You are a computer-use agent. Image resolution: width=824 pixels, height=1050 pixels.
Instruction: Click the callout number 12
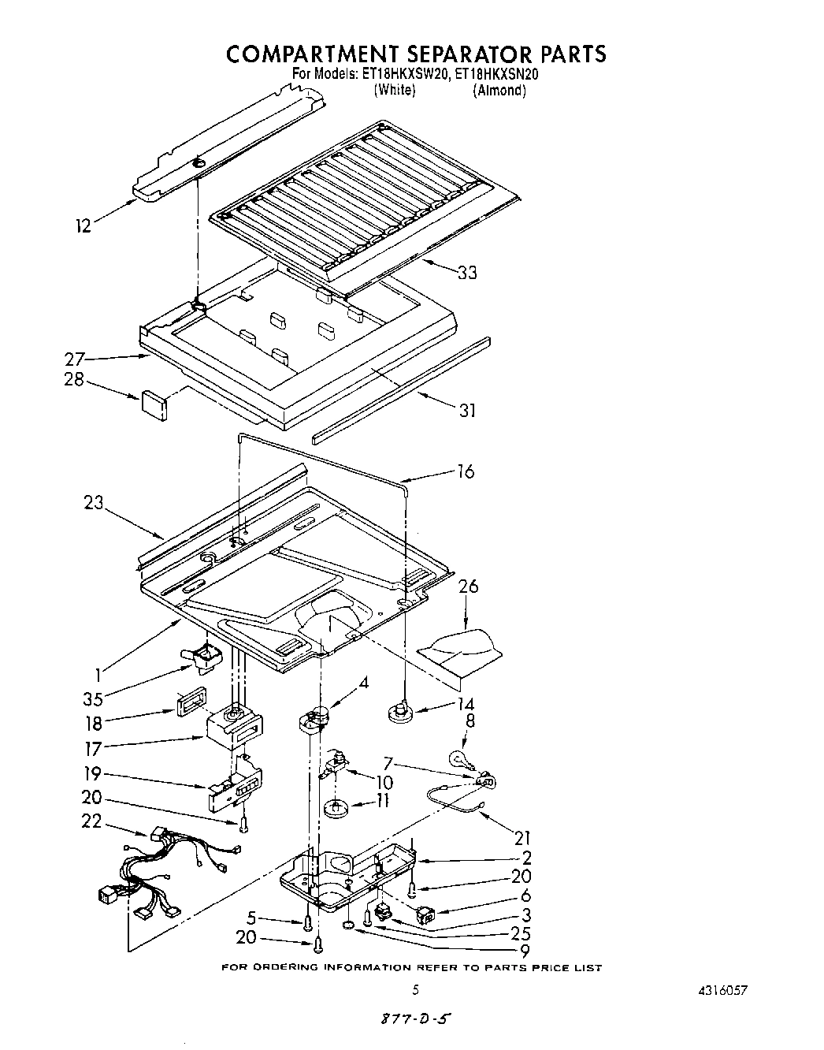click(x=83, y=226)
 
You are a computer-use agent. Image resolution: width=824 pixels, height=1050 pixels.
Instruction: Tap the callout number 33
click(x=467, y=273)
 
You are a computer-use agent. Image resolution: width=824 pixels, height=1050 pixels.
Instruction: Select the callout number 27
click(x=74, y=359)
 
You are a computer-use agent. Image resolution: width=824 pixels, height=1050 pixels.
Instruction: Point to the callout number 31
click(x=467, y=410)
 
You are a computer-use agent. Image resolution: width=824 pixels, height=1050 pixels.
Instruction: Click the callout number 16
click(x=466, y=471)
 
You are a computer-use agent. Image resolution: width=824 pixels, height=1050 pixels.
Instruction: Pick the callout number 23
click(x=94, y=502)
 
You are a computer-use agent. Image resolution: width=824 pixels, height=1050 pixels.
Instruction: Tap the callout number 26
click(x=468, y=586)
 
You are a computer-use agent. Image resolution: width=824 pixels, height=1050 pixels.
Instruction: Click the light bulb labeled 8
click(x=458, y=758)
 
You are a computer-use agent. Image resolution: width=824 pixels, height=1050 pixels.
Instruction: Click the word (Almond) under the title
click(x=499, y=90)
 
